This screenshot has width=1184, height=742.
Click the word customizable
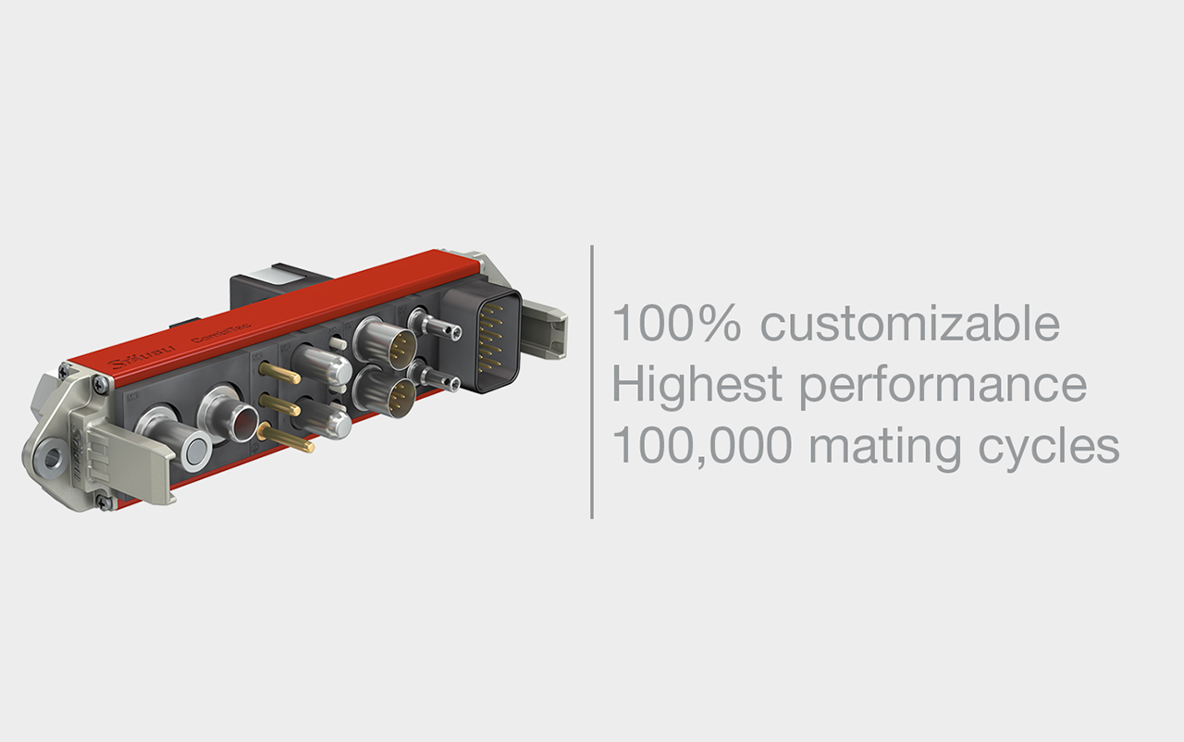(910, 325)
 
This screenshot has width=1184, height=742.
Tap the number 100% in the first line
(677, 324)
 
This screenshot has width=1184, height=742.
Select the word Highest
(697, 385)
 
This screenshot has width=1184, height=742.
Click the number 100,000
(701, 446)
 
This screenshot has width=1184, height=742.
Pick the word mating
(886, 448)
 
